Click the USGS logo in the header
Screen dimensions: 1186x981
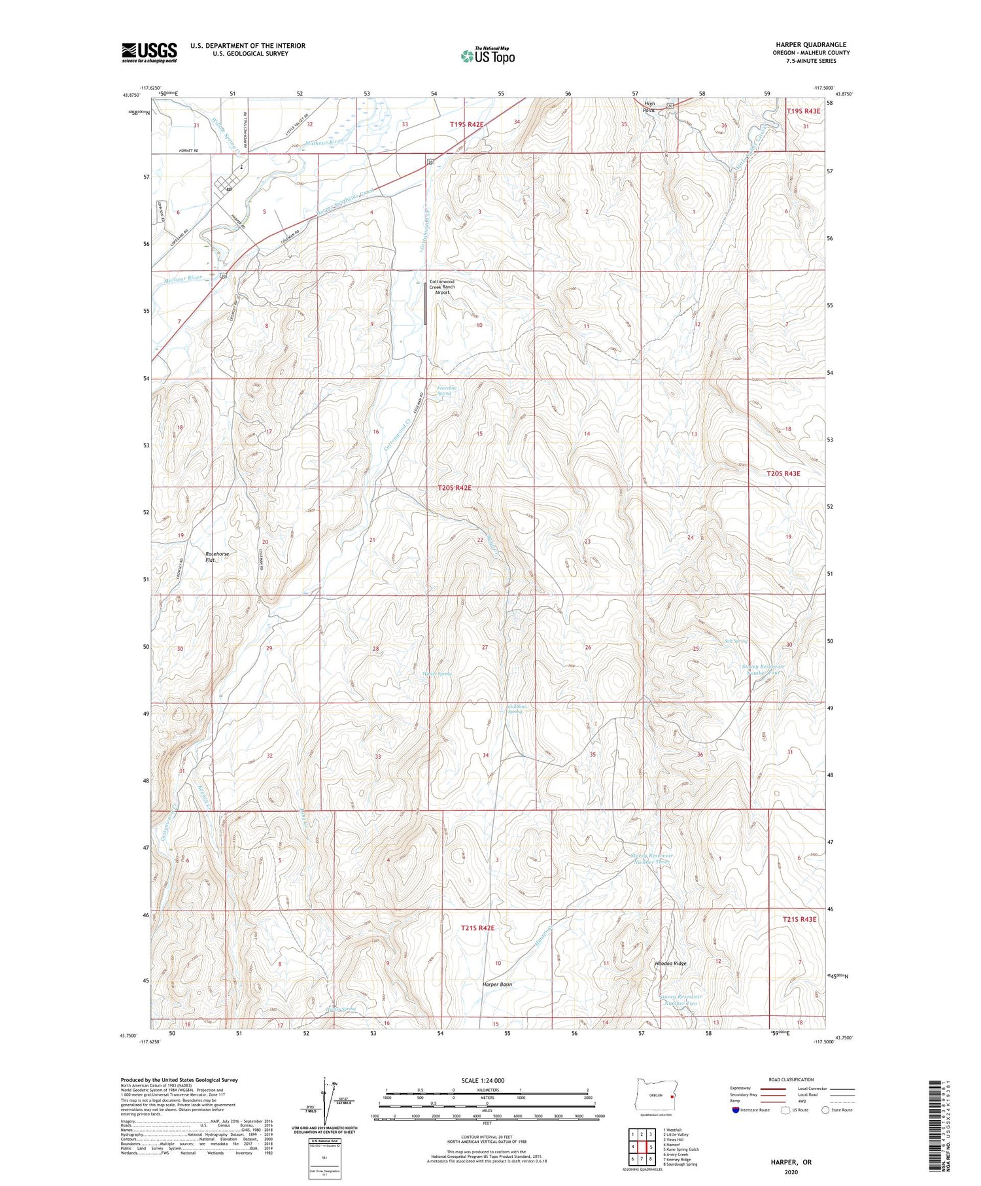point(149,52)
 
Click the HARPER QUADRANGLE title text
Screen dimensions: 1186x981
point(810,44)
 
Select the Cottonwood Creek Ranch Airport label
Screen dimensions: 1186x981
point(442,287)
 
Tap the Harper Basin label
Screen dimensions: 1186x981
point(497,985)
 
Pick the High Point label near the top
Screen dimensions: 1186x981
point(649,107)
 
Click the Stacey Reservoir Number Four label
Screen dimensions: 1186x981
point(763,669)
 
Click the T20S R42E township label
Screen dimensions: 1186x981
point(455,488)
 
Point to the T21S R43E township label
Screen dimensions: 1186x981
point(799,919)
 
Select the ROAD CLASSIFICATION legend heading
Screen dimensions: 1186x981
point(791,1079)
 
